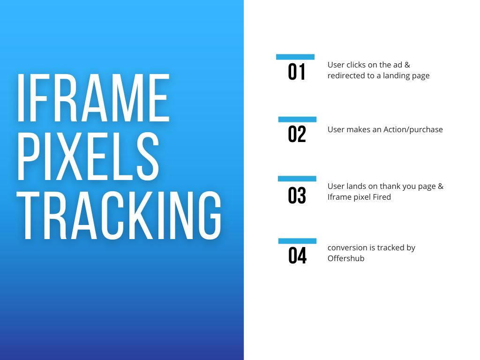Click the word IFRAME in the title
[x=93, y=97]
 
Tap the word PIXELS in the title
[x=88, y=157]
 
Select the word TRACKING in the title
[x=119, y=215]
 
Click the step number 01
[x=296, y=72]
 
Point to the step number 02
[x=297, y=134]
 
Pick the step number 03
[x=297, y=195]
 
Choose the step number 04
[x=297, y=255]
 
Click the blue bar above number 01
[x=295, y=57]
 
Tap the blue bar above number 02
[x=297, y=120]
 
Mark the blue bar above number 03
[x=297, y=179]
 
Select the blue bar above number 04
[x=297, y=241]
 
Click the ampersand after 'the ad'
[x=407, y=65]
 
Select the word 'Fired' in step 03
[x=382, y=197]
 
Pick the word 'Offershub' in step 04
[x=346, y=258]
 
